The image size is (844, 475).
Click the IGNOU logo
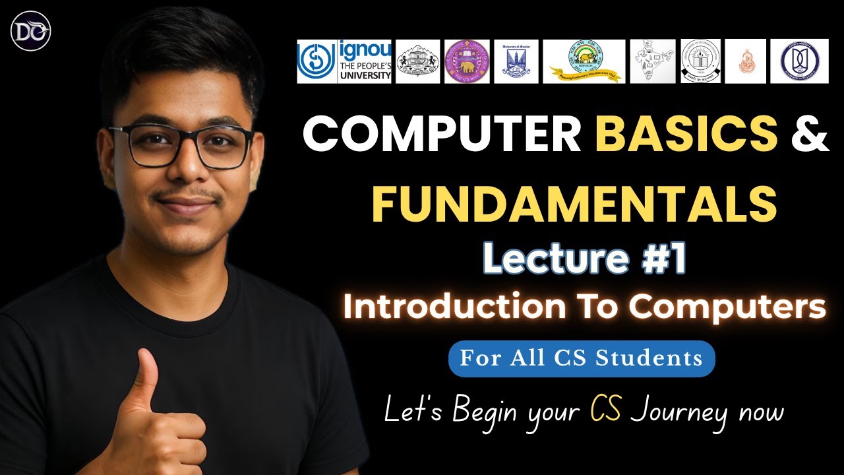pos(344,61)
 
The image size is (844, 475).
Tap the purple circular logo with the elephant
pos(467,61)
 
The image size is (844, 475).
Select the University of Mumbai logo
pos(516,61)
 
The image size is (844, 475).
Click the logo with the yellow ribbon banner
pos(584,61)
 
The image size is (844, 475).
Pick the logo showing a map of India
pos(652,61)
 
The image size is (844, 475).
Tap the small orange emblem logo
pos(745,61)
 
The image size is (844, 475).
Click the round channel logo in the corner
pos(31,31)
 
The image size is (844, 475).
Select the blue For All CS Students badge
pos(581,358)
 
